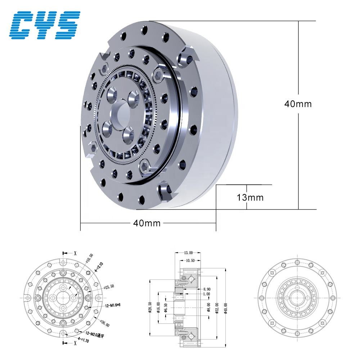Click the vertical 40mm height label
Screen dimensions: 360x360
298,104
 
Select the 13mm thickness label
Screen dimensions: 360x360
250,198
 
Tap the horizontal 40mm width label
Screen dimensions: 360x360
147,223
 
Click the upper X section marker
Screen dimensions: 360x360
75,253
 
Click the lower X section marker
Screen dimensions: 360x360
75,343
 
